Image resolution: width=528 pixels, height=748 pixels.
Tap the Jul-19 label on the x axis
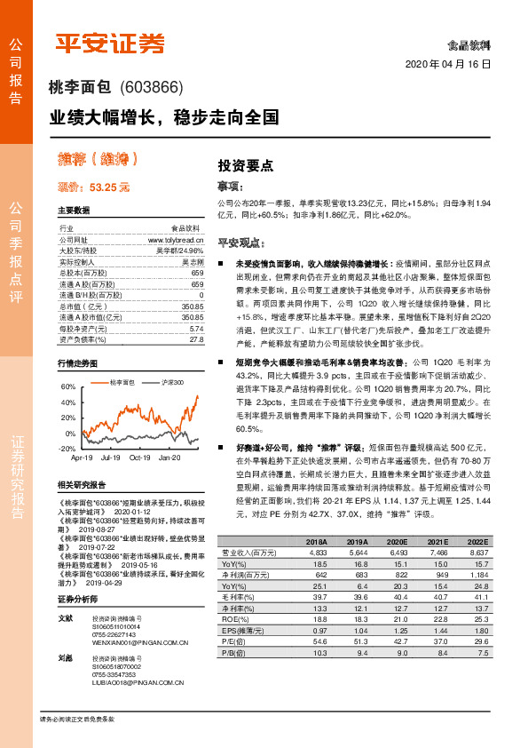pos(110,458)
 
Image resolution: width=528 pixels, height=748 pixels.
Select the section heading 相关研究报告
pos(81,485)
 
